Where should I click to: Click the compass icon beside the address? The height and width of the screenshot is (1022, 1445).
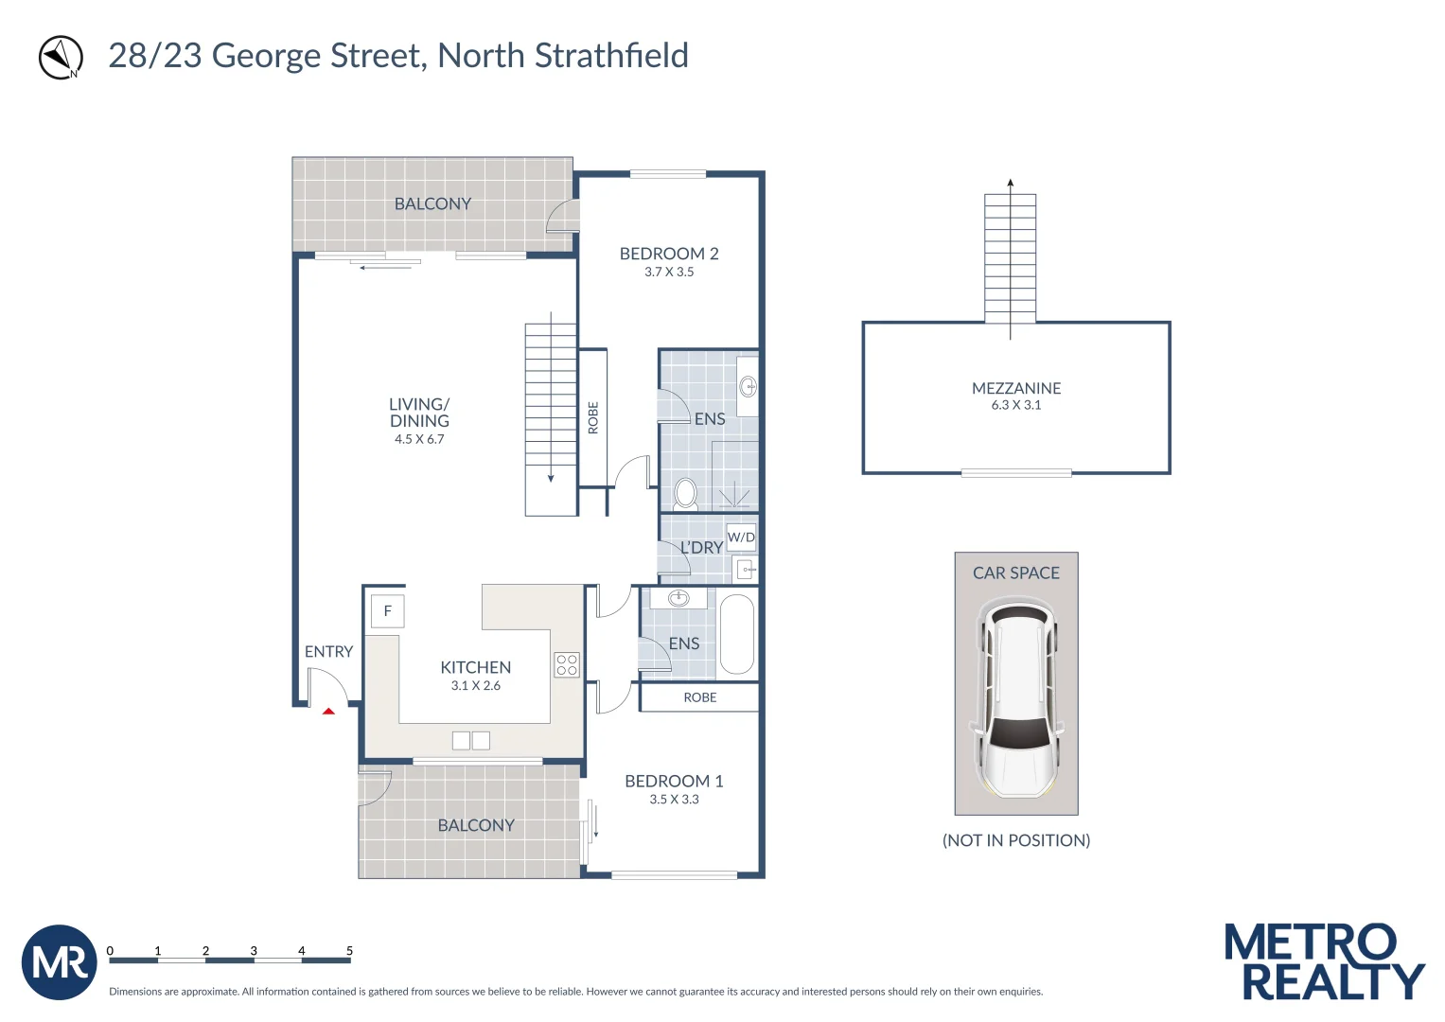click(61, 58)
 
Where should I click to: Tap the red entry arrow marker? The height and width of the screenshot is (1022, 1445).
click(328, 711)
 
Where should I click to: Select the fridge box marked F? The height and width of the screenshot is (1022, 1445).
click(387, 611)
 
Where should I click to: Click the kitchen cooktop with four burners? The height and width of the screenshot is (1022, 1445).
click(567, 664)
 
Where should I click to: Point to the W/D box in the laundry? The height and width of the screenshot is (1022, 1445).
click(741, 537)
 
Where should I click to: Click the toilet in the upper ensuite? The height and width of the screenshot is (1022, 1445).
click(686, 494)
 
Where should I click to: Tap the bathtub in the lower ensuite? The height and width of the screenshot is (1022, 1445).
click(737, 633)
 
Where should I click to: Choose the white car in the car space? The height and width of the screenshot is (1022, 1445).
click(1016, 696)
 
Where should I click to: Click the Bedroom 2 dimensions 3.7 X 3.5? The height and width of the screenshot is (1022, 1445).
click(669, 273)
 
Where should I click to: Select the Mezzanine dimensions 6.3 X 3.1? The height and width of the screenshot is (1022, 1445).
click(1016, 405)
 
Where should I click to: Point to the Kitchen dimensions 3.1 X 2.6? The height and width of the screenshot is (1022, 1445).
click(476, 686)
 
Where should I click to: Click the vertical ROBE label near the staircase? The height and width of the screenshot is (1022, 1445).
click(593, 417)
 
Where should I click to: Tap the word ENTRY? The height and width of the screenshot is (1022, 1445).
click(328, 652)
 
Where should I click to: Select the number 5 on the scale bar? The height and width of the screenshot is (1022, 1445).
click(349, 950)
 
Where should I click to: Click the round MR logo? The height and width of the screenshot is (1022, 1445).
click(59, 962)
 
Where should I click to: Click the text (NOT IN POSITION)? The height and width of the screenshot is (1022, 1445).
click(1016, 840)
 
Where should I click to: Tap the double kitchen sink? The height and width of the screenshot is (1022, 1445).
click(470, 740)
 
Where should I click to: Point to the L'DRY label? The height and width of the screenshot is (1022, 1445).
click(701, 548)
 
